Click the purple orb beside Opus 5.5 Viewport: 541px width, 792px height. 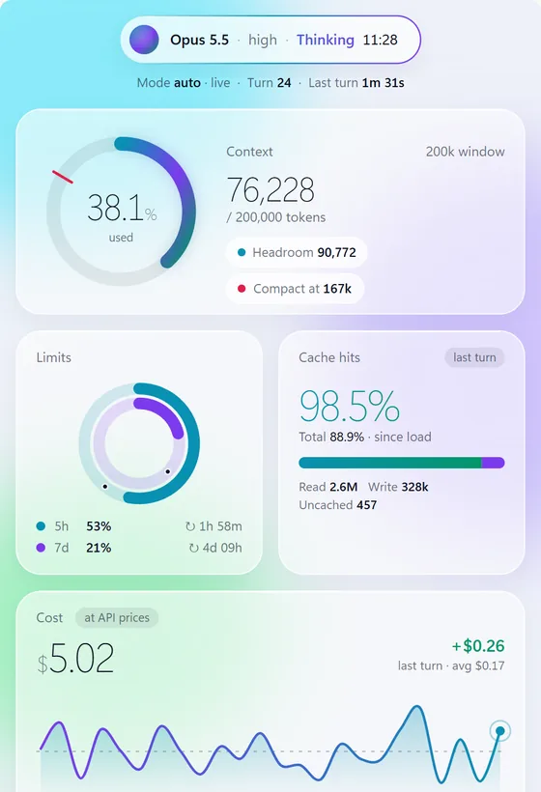tap(144, 40)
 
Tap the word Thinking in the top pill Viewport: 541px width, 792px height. tap(326, 40)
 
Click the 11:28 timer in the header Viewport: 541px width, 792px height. tap(381, 40)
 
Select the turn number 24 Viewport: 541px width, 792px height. tap(284, 83)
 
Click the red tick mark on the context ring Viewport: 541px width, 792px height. tap(63, 177)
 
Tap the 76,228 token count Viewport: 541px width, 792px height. tap(270, 190)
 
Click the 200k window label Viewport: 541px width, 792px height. tap(466, 152)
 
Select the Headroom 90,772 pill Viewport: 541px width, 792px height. tap(297, 252)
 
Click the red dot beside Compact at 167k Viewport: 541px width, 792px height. tap(242, 289)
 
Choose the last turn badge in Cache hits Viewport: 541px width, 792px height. tap(474, 357)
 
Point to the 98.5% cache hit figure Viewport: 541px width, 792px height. tap(350, 406)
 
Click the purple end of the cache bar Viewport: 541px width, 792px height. tap(493, 463)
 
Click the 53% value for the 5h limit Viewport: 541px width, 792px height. tap(99, 526)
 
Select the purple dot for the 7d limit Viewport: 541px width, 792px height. tap(41, 548)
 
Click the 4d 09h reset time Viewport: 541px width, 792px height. tap(215, 548)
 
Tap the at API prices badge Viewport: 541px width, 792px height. tap(117, 618)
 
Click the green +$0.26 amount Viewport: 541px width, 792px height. tap(478, 646)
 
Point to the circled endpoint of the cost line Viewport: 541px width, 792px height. tap(500, 731)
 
